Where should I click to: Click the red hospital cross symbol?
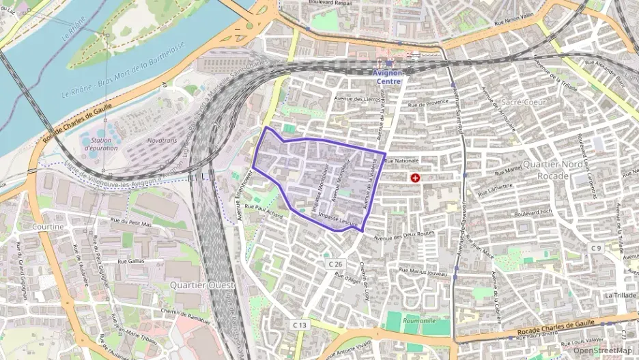pos(415,178)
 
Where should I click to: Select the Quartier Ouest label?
pos(201,284)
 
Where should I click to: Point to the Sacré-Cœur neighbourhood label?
pos(522,102)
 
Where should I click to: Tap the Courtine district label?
pos(47,226)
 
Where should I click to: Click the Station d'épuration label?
pos(98,144)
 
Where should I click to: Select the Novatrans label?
pos(162,140)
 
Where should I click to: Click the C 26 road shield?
pos(335,264)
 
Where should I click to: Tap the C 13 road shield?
pos(300,326)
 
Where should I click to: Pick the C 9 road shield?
pos(597,247)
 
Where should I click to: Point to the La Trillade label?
pos(620,295)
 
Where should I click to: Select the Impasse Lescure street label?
pos(338,219)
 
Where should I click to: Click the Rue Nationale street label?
pos(401,161)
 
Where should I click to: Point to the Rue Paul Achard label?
pos(264,210)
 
